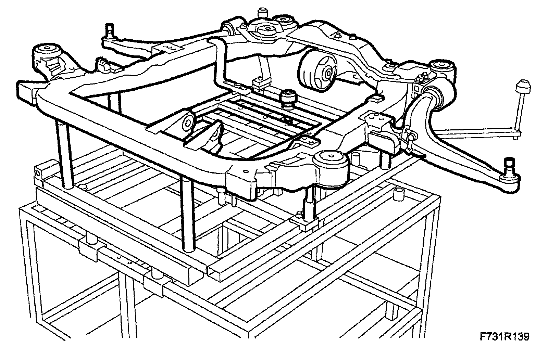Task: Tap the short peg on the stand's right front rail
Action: pyautogui.click(x=399, y=194)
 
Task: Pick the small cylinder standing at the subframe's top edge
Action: pyautogui.click(x=263, y=13)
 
